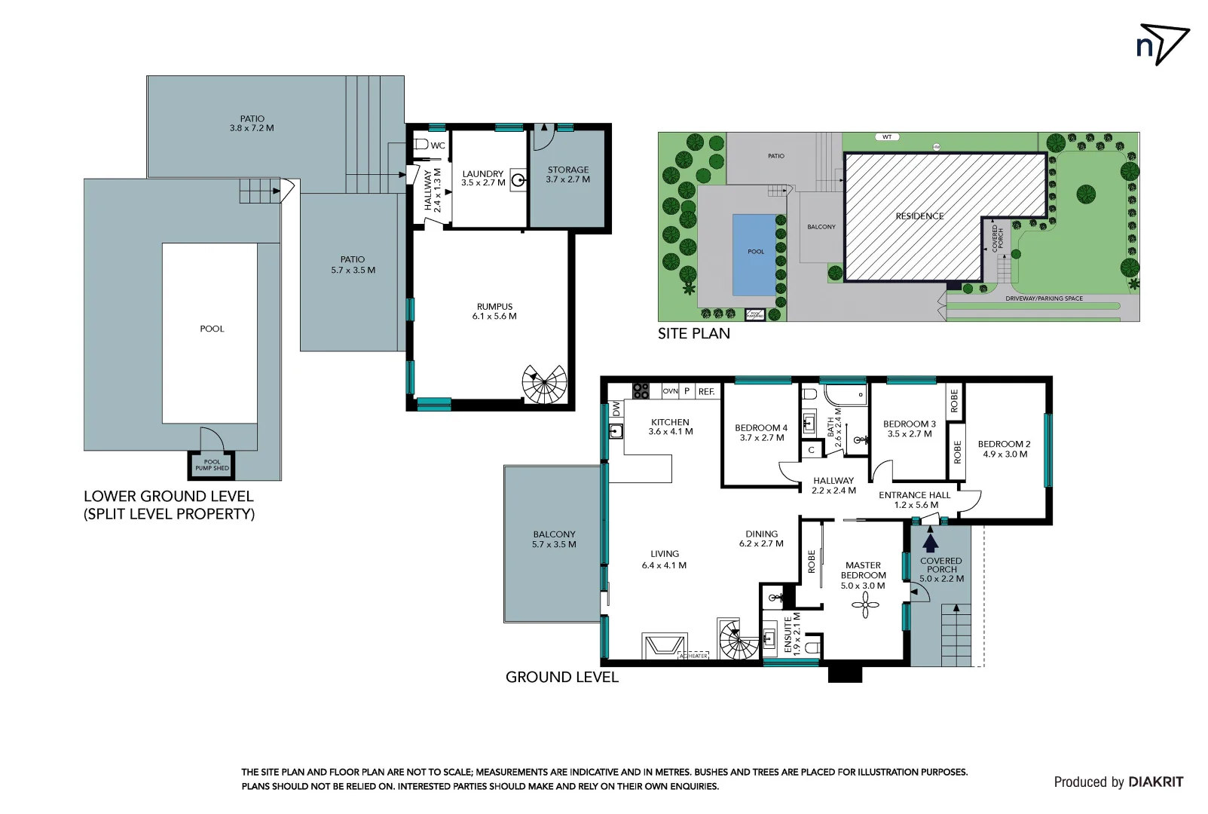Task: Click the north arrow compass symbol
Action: point(1164,44)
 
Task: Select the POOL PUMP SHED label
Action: point(212,465)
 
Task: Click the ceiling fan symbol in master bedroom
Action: point(865,604)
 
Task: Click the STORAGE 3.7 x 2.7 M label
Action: point(568,175)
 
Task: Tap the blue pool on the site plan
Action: point(754,254)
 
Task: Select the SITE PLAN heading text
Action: point(693,334)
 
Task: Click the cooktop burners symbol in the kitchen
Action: point(641,390)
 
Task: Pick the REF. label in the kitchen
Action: point(706,392)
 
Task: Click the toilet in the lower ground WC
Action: point(421,144)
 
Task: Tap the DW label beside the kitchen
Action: point(616,409)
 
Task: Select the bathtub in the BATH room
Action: point(846,395)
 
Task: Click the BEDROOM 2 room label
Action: point(1004,449)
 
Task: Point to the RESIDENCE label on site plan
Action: point(919,216)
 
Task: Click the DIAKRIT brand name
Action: point(1155,782)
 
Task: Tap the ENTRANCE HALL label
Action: point(915,500)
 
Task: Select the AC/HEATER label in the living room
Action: point(693,656)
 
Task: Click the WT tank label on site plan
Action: point(887,137)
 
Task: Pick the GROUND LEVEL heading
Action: point(561,677)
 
